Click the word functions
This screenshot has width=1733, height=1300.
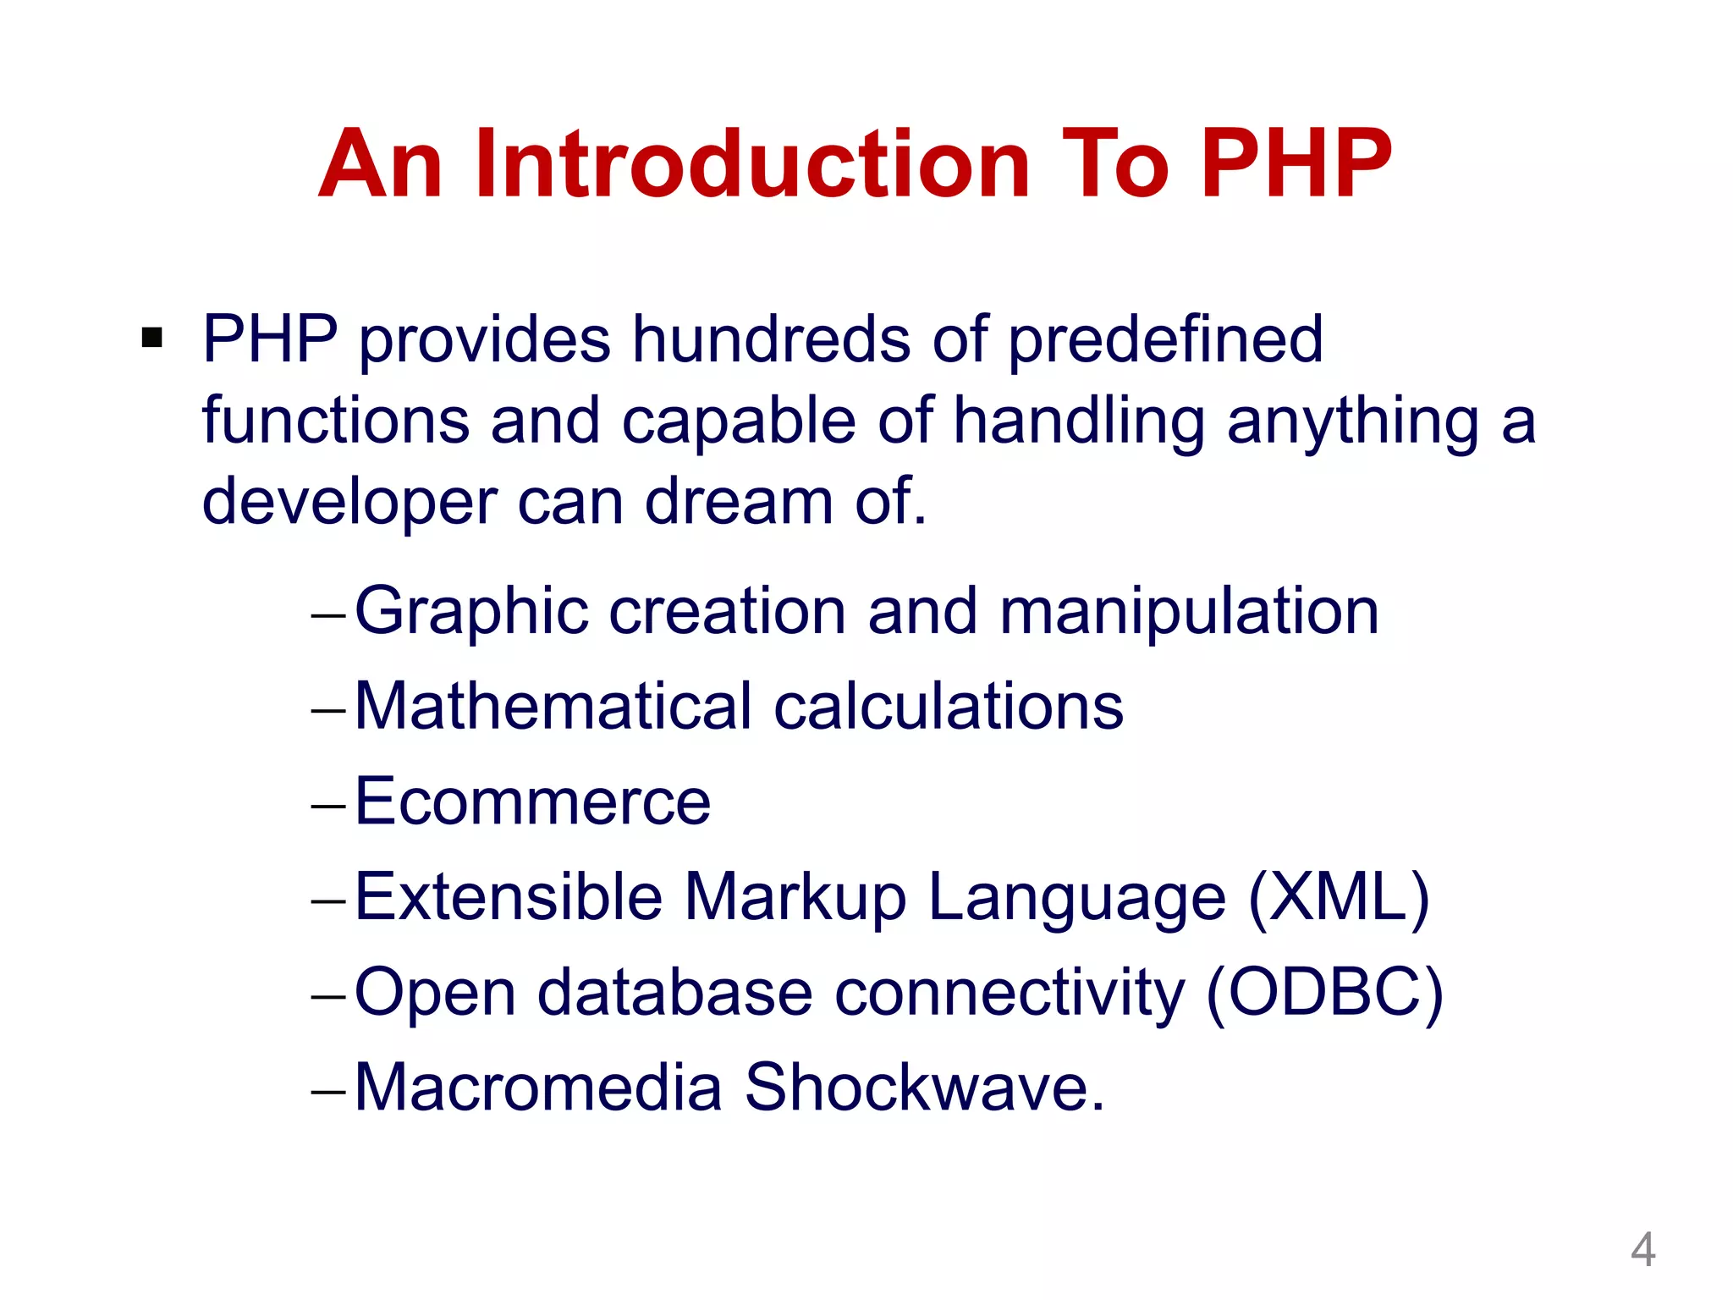pyautogui.click(x=335, y=421)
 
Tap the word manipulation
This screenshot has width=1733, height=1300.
pyautogui.click(x=1189, y=612)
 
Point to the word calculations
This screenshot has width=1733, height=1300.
pyautogui.click(x=949, y=706)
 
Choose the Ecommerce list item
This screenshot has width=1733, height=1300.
pyautogui.click(x=532, y=801)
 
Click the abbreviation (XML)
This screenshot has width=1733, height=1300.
pyautogui.click(x=1339, y=897)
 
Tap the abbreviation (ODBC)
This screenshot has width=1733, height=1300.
pyautogui.click(x=1324, y=992)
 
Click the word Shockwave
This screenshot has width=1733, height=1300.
pyautogui.click(x=923, y=1088)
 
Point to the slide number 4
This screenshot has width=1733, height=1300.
pyautogui.click(x=1642, y=1249)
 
